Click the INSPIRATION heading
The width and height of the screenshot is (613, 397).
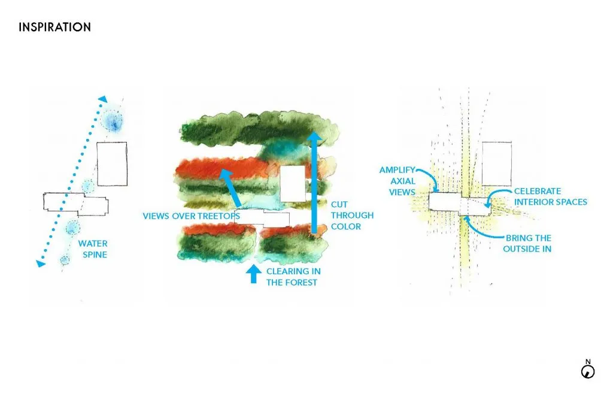coord(54,27)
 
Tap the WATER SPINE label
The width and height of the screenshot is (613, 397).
coord(93,248)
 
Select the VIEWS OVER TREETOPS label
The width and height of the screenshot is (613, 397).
coord(191,216)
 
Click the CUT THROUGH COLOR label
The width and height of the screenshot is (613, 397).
coord(352,215)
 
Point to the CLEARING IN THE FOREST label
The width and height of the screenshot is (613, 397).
coord(293,277)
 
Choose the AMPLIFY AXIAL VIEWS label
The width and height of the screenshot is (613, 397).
coord(397,181)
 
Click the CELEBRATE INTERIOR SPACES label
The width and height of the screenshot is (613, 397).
coord(551,196)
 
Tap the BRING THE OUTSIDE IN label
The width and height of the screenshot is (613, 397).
coord(527,243)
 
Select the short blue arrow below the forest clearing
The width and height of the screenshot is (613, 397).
coord(254,274)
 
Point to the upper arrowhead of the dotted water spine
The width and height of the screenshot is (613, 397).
coord(102,99)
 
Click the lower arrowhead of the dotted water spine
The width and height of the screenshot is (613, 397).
coord(40,263)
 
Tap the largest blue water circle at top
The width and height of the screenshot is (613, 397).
coord(112,121)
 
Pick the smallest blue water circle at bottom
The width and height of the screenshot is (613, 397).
coord(65,259)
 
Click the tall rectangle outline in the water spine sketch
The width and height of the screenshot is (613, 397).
coord(112,164)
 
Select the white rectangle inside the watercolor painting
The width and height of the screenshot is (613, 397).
coord(293,183)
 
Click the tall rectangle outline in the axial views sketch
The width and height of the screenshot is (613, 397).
coord(497,164)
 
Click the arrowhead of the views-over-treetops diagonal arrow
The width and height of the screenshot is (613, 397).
coord(226,174)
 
